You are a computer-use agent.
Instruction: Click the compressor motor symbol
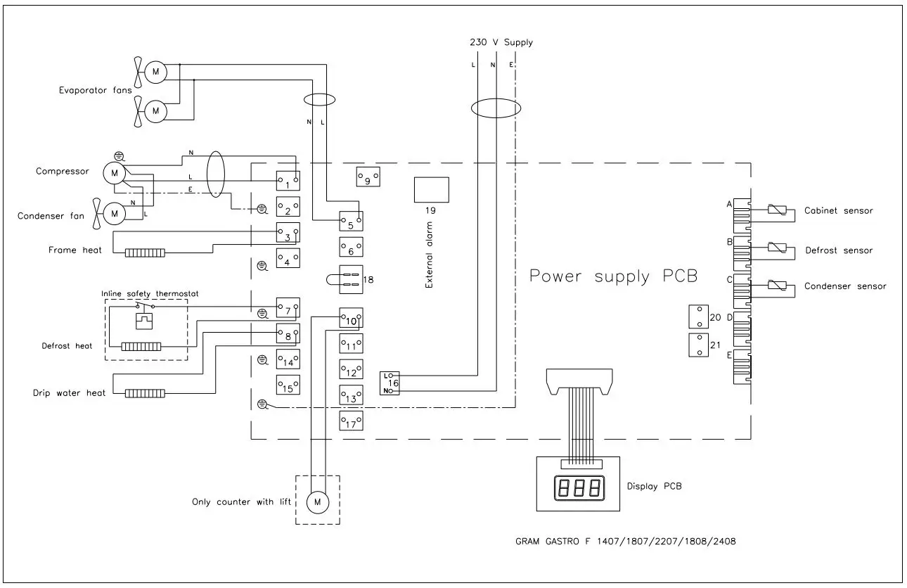[113, 172]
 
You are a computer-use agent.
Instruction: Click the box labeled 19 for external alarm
[432, 190]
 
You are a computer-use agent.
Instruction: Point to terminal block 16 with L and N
[391, 383]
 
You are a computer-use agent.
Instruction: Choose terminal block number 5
[351, 222]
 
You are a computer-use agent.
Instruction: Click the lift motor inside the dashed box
[317, 501]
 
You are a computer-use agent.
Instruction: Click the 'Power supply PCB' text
[613, 276]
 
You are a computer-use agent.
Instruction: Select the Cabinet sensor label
[838, 211]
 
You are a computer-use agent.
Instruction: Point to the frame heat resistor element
[145, 253]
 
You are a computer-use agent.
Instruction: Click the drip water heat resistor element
[145, 393]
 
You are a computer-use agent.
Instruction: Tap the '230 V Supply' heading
[501, 42]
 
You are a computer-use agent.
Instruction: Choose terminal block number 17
[351, 422]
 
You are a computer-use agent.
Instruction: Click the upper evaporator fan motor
[156, 70]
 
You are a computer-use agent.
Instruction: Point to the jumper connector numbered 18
[350, 280]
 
